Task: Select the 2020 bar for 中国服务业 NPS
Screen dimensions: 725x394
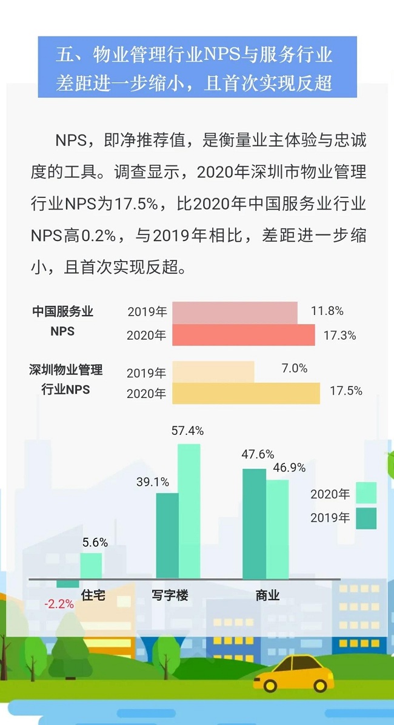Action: [243, 335]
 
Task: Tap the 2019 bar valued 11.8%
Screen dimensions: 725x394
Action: [235, 312]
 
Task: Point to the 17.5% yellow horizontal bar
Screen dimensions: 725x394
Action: [245, 393]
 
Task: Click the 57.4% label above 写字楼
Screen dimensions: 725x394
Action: [187, 431]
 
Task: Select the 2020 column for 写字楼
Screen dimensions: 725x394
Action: [189, 511]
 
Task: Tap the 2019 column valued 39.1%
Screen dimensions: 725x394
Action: [167, 535]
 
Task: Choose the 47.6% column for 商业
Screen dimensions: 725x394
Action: [254, 523]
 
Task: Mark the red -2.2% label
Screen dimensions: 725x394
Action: [59, 604]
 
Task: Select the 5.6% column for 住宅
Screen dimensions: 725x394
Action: [91, 566]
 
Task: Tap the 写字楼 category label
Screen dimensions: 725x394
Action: [170, 595]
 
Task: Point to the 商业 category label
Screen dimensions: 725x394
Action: [267, 595]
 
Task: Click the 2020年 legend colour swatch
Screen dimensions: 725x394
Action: [366, 493]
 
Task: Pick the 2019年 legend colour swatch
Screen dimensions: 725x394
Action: [366, 518]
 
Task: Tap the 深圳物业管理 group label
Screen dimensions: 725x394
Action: [65, 370]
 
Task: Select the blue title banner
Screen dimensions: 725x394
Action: [197, 67]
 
